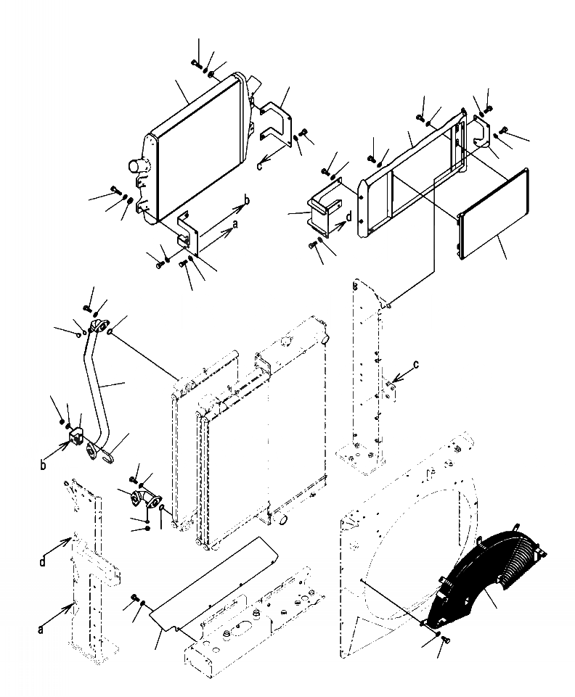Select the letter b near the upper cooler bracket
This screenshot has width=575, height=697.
(247, 199)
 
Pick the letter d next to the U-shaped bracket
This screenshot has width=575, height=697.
(348, 217)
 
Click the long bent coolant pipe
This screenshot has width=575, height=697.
(96, 392)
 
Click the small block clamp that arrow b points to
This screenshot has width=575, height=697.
(77, 436)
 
